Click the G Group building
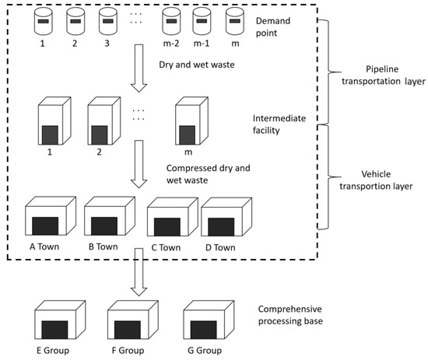click(205, 319)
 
